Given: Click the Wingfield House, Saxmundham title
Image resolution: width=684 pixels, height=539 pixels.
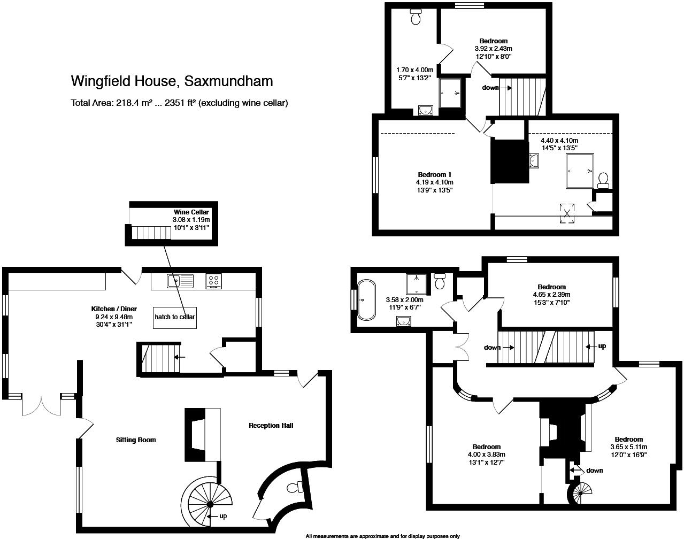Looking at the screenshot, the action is (x=172, y=81).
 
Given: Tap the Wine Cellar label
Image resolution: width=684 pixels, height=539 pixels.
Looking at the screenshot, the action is (x=191, y=212).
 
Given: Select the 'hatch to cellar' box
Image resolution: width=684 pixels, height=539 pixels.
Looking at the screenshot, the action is (x=175, y=318).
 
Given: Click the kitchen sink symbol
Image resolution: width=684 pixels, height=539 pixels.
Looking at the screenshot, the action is (x=180, y=281).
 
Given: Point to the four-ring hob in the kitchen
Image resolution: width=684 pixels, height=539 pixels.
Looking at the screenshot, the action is (x=213, y=281).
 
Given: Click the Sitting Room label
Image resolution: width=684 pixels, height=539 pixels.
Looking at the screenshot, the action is (x=136, y=440).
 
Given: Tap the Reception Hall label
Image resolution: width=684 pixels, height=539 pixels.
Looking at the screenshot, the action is (x=271, y=426).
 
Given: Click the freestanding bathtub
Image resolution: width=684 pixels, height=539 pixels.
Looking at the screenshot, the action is (x=366, y=299).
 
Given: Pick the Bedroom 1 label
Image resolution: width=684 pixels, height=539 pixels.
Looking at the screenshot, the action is (x=434, y=174).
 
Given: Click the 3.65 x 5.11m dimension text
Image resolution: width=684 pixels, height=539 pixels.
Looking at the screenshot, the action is (x=629, y=447).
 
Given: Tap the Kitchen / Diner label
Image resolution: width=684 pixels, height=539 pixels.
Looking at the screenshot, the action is (x=114, y=309).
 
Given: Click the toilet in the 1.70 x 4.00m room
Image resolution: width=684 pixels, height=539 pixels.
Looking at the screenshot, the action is (x=416, y=16).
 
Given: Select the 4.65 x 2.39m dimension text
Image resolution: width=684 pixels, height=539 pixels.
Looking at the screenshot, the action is (x=552, y=294).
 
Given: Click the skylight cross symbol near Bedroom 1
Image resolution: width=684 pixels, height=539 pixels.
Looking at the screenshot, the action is (x=567, y=213).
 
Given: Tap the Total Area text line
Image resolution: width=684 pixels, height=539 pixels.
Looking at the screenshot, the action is (x=179, y=103).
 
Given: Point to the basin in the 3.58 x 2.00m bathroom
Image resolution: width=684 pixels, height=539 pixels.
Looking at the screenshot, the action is (x=404, y=321).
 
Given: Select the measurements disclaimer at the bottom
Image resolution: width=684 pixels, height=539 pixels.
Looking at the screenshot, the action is (x=383, y=536).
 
